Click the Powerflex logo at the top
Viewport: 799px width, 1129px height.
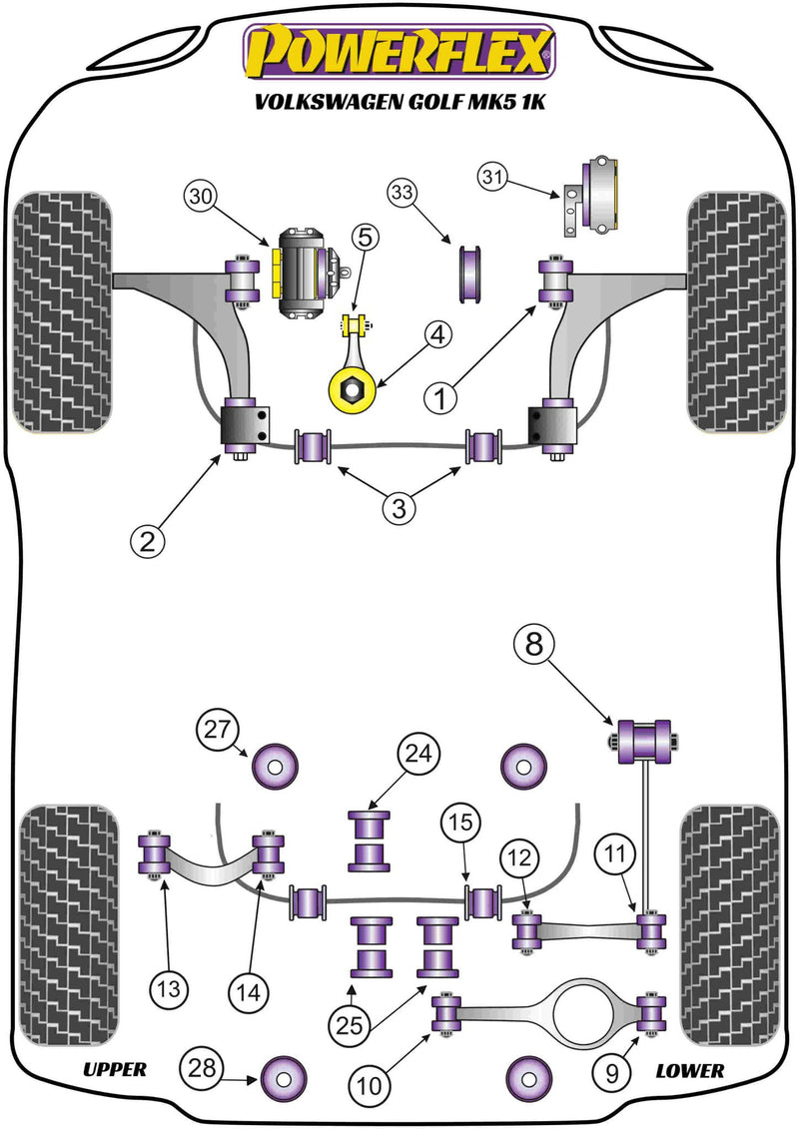click(x=399, y=52)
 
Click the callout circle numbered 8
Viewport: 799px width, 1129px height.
click(x=536, y=646)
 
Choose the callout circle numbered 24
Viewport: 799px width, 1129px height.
click(x=417, y=756)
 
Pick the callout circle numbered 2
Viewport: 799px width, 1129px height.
click(x=146, y=541)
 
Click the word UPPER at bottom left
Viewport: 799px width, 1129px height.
click(x=115, y=1070)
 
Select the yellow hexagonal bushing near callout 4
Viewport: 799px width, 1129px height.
click(x=352, y=387)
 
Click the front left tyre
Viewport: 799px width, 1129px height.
click(x=61, y=311)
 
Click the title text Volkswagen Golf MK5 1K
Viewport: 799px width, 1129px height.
click(x=399, y=102)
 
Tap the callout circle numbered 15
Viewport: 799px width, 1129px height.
click(x=459, y=825)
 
